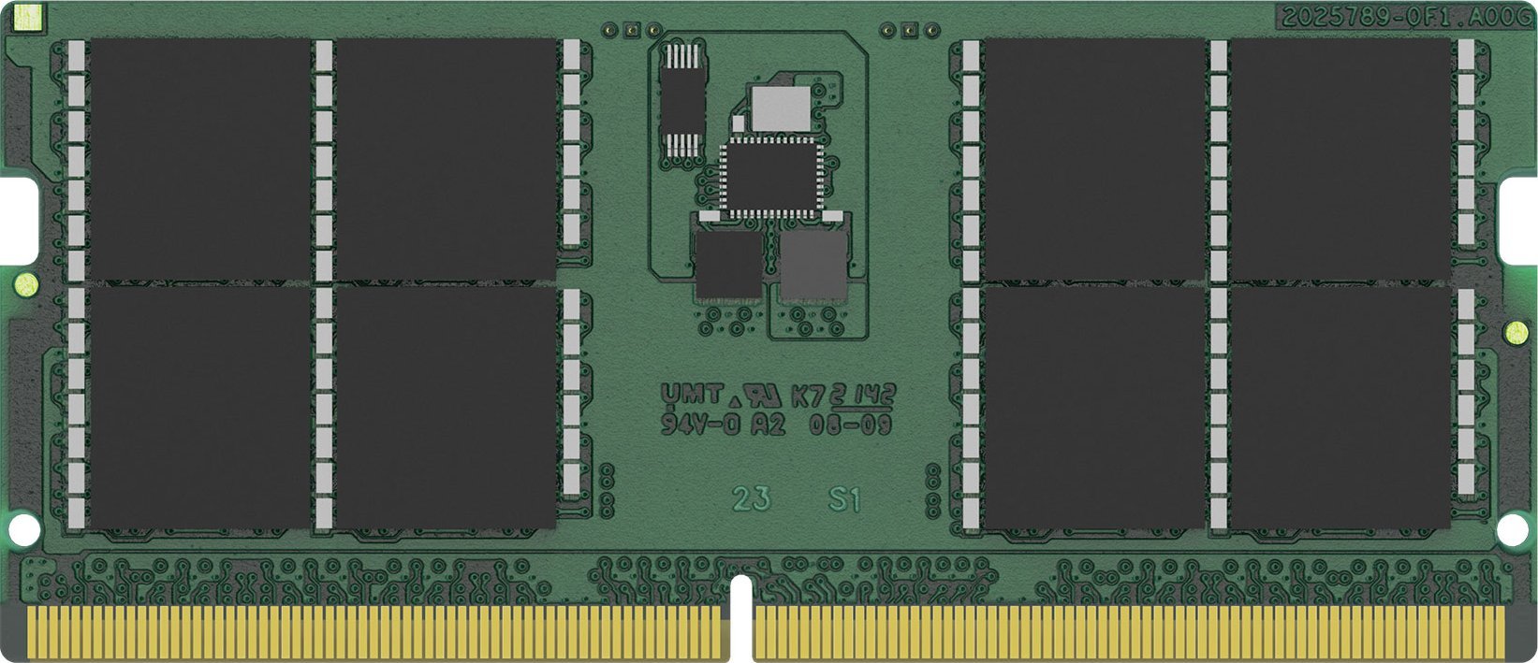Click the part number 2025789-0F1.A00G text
click(x=1404, y=16)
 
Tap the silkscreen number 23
click(x=752, y=499)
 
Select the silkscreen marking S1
click(x=843, y=499)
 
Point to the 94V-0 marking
click(x=700, y=425)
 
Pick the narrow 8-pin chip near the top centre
click(x=681, y=98)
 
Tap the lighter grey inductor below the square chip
click(x=813, y=264)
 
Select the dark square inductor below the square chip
click(x=728, y=264)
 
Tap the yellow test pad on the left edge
click(x=23, y=280)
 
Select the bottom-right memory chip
click(x=1340, y=407)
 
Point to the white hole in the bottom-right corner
click(x=1511, y=530)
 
